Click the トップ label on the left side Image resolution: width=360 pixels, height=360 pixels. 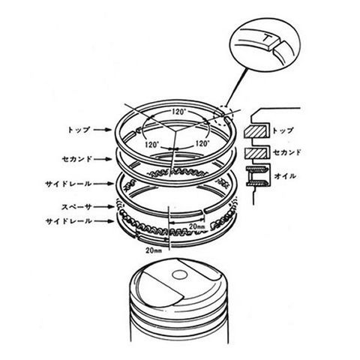[x=79, y=130]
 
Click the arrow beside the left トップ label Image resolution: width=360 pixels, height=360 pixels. [x=103, y=130]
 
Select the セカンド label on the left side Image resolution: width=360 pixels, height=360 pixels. [x=76, y=159]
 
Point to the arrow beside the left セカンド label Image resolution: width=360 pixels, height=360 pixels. [x=103, y=159]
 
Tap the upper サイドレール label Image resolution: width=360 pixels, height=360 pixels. [x=68, y=184]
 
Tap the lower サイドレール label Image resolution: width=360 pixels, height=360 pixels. [x=68, y=221]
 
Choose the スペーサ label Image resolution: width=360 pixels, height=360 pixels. [x=76, y=207]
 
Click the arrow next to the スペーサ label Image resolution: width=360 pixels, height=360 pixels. [x=104, y=207]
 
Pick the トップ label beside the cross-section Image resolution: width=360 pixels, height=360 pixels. [x=283, y=130]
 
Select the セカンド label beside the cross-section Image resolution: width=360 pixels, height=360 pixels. [x=286, y=152]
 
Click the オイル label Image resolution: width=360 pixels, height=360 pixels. [x=285, y=176]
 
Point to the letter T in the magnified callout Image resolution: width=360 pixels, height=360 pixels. [x=268, y=38]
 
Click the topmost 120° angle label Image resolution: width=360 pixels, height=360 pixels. [x=179, y=112]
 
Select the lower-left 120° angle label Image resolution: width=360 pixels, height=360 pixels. [x=152, y=145]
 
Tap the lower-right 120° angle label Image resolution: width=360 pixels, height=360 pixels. [x=202, y=143]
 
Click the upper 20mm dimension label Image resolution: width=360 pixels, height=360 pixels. [x=197, y=226]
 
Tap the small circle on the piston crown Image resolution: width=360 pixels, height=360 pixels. [x=180, y=275]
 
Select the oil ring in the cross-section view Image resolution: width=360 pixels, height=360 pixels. [x=257, y=175]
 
